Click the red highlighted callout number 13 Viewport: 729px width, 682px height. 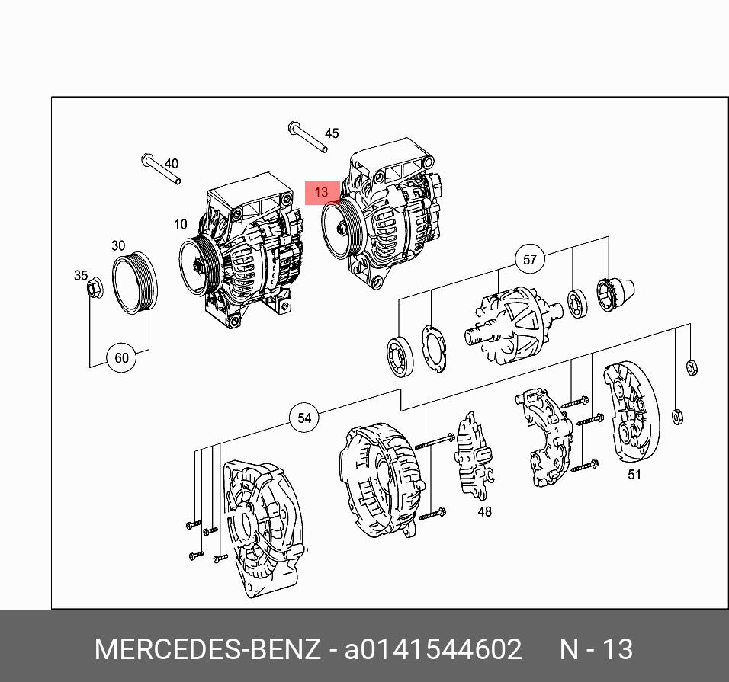point(322,192)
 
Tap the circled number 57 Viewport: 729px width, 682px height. point(529,259)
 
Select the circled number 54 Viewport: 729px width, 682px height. point(304,418)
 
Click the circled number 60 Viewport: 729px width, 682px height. point(121,357)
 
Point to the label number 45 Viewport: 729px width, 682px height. point(332,134)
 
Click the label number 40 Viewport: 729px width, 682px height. point(171,164)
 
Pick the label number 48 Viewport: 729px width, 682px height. point(484,511)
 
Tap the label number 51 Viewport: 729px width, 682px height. point(634,474)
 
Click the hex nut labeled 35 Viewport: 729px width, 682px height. point(95,287)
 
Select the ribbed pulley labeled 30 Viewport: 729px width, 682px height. point(135,283)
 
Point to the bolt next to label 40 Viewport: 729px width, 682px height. point(160,168)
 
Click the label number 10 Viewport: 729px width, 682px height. point(181,224)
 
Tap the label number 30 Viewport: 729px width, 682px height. point(118,245)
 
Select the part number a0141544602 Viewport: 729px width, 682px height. point(433,649)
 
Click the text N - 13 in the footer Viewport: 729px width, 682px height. point(596,649)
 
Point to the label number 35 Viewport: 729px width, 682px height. point(81,275)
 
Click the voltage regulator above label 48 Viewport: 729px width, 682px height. point(474,455)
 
